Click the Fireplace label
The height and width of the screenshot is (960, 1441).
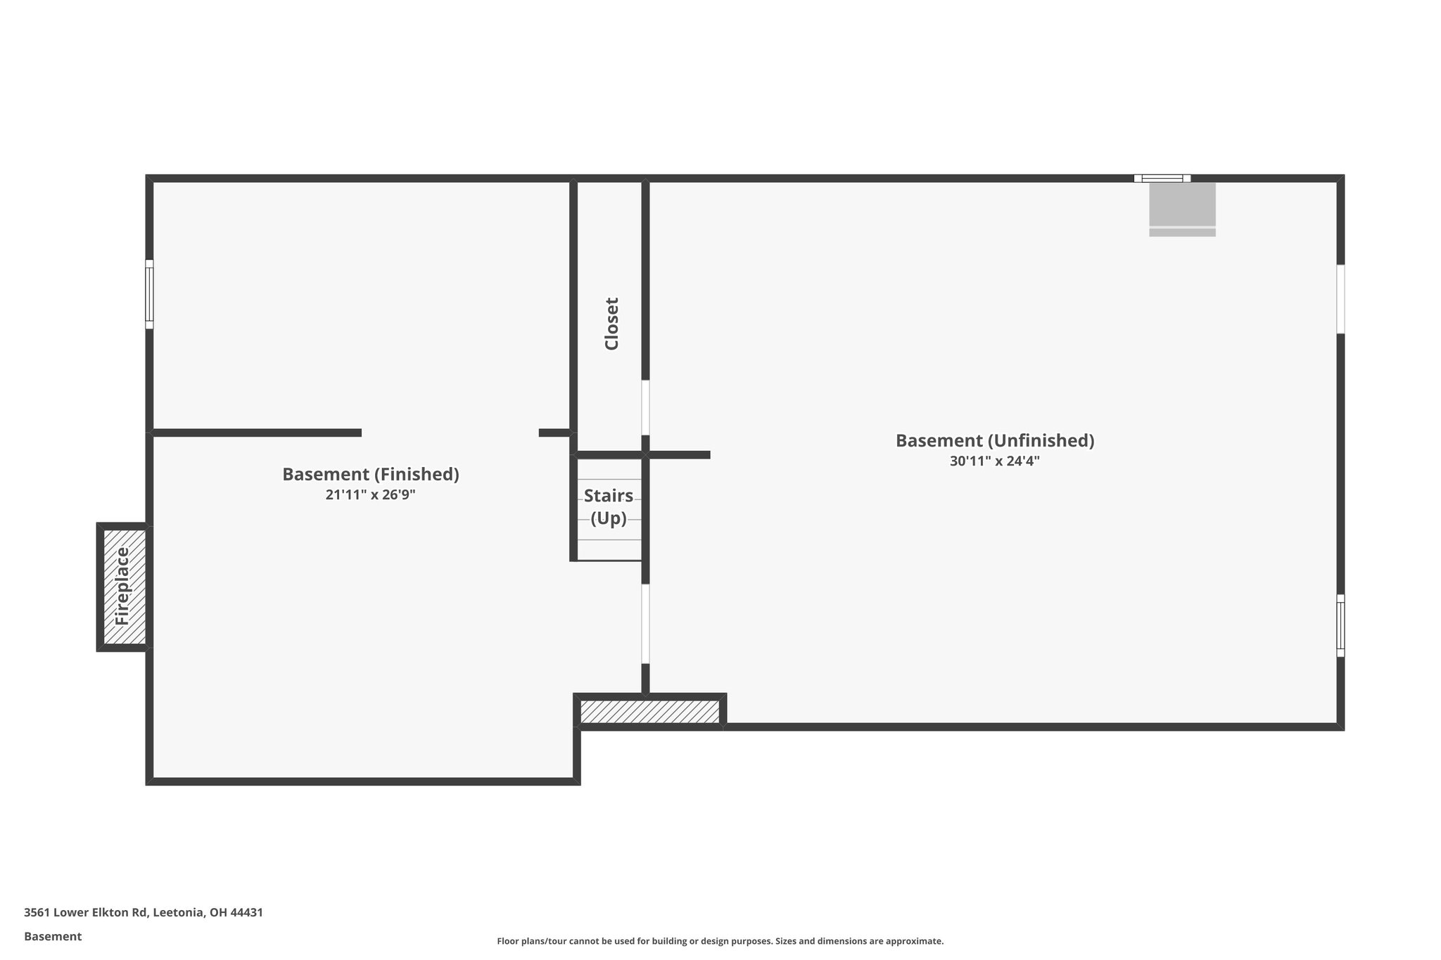[122, 587]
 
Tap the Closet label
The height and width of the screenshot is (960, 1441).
[611, 324]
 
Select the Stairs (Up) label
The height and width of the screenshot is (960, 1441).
[609, 507]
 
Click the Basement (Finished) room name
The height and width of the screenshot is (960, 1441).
[371, 474]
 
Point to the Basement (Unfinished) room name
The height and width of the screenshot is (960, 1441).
[995, 440]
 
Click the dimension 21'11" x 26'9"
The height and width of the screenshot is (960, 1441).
[371, 495]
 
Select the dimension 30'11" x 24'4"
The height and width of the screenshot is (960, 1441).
[995, 461]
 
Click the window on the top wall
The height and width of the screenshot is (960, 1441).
[1162, 179]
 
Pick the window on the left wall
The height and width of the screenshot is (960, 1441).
[149, 294]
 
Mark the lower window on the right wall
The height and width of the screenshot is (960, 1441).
[1340, 625]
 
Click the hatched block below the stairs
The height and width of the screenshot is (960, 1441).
[650, 712]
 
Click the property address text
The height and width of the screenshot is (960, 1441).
[144, 912]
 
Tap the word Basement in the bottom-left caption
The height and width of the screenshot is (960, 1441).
[53, 936]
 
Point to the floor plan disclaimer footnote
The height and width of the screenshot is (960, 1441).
[720, 941]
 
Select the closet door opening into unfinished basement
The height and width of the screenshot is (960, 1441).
[645, 408]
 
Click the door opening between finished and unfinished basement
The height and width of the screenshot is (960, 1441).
[645, 624]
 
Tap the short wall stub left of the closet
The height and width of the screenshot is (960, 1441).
[555, 433]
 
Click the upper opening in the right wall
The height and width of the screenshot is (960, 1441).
[1340, 299]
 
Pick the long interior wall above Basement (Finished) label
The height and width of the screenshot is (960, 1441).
[257, 433]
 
